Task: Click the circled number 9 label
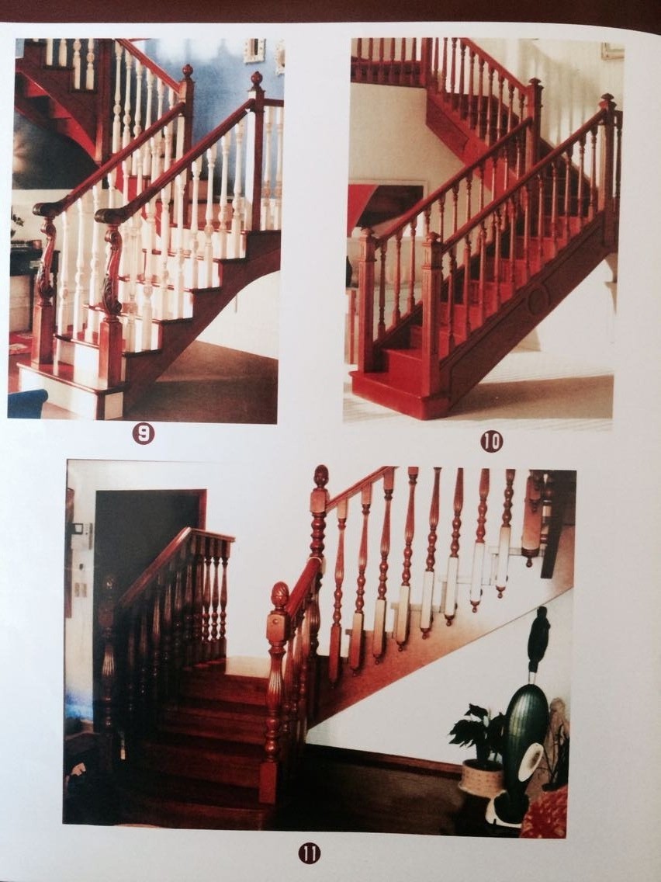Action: click(x=143, y=434)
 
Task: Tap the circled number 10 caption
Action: click(x=490, y=442)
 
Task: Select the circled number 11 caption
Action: click(x=309, y=853)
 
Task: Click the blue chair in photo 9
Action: click(x=27, y=404)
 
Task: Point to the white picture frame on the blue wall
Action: click(x=254, y=50)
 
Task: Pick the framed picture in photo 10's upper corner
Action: click(x=612, y=50)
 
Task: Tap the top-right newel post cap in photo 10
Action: click(x=607, y=102)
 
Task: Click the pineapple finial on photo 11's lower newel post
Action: click(x=280, y=596)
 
